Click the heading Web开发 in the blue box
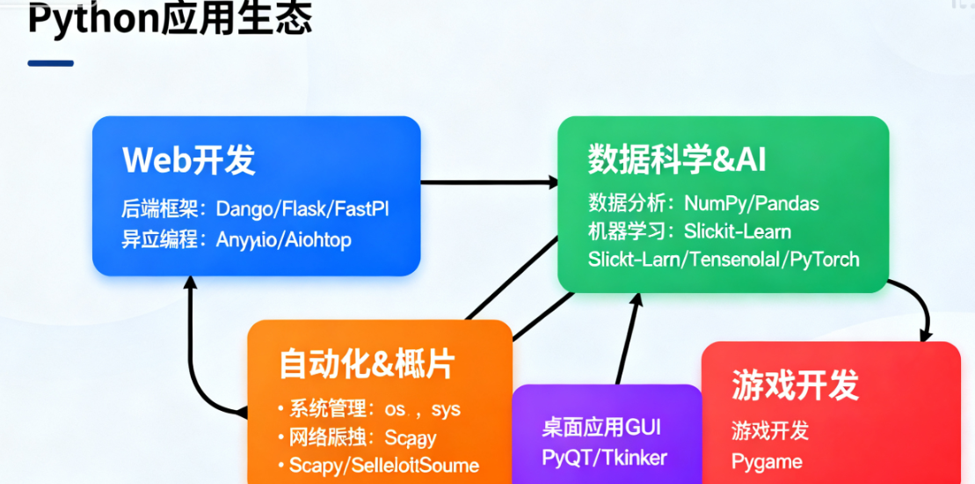189,160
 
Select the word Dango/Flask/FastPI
302,209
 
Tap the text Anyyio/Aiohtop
283,239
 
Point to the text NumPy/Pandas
751,204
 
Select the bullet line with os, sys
375,409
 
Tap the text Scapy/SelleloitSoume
384,465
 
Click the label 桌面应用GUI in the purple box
601,428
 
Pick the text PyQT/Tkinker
605,458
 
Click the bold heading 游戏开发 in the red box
795,385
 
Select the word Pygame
767,461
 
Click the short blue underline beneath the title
50,63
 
